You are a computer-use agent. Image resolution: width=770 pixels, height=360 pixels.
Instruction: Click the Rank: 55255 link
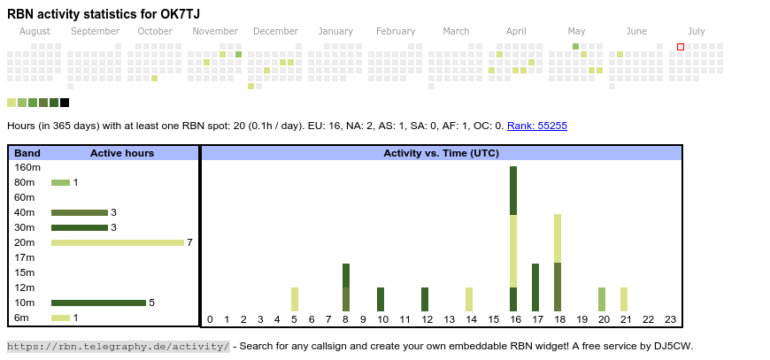[x=537, y=126]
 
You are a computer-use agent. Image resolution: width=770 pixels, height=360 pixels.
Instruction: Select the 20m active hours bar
[x=117, y=242]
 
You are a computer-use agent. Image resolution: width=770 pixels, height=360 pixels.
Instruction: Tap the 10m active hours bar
[x=98, y=303]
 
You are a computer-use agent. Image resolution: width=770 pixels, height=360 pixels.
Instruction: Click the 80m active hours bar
[x=60, y=182]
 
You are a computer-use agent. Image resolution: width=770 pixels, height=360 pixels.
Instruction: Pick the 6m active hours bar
[x=60, y=318]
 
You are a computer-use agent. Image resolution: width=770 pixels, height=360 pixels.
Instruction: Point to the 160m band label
[x=27, y=167]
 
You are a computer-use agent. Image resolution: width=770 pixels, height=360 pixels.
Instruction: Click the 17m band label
[x=25, y=257]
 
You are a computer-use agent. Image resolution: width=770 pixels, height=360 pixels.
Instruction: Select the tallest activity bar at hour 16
[x=513, y=239]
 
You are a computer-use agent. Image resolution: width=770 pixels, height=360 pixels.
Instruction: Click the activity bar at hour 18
[x=558, y=263]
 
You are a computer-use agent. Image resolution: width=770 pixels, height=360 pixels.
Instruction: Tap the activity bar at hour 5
[x=295, y=299]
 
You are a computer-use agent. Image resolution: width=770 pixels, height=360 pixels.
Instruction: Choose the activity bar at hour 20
[x=602, y=299]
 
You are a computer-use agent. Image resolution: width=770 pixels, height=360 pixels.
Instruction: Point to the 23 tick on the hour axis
[x=670, y=319]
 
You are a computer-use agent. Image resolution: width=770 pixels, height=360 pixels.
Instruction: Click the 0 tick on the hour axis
[x=210, y=319]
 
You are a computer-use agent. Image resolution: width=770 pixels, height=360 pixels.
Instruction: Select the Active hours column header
[x=122, y=153]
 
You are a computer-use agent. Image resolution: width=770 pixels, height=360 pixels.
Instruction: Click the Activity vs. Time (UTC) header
[x=441, y=153]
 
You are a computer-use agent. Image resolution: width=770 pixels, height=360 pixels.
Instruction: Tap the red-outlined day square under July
[x=681, y=47]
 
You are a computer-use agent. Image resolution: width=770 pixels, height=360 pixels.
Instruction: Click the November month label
[x=215, y=31]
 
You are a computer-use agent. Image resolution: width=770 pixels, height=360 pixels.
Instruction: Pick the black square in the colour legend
[x=65, y=103]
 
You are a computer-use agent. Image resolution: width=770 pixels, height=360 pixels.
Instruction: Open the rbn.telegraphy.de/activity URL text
[x=119, y=346]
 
